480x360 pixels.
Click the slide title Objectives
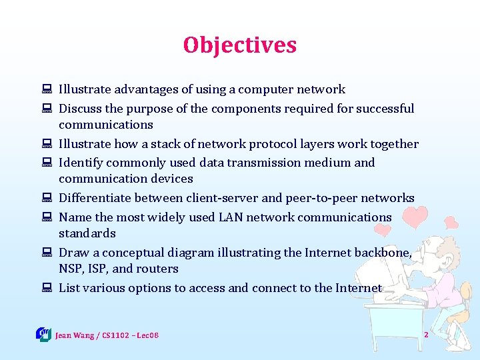[x=240, y=45]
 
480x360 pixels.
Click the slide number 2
[x=426, y=333]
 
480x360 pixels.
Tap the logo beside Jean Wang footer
[x=43, y=333]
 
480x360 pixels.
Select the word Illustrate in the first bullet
[x=84, y=89]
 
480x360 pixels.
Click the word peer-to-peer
[x=317, y=198]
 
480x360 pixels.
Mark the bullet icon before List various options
[x=48, y=289]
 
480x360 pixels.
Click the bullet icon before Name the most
[x=48, y=218]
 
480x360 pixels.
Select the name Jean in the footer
[x=64, y=334]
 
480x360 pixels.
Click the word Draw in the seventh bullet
[x=73, y=253]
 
